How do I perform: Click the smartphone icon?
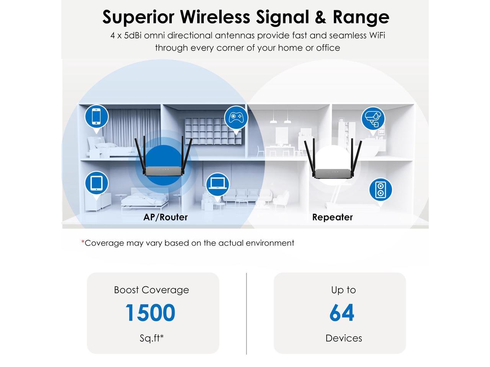click(96, 116)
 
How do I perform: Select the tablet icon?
click(96, 183)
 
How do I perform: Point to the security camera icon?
click(372, 119)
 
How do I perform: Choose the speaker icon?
click(381, 190)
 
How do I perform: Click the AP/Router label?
click(165, 217)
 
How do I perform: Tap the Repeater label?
click(332, 217)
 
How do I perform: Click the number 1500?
click(150, 313)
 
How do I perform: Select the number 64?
click(342, 313)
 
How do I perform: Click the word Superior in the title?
click(138, 17)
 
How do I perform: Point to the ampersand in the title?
click(320, 17)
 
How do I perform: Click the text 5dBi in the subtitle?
click(132, 36)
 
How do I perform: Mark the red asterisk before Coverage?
click(83, 242)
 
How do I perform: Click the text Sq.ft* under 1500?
click(152, 338)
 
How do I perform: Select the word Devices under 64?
click(343, 338)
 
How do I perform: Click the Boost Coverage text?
click(152, 290)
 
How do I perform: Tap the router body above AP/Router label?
click(163, 172)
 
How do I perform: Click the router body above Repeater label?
click(332, 173)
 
